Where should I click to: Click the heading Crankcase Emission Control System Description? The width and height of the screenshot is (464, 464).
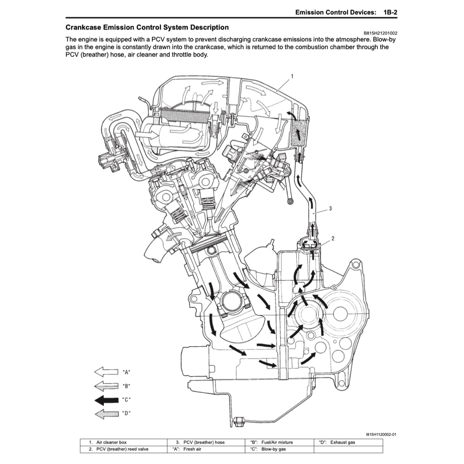click(147, 28)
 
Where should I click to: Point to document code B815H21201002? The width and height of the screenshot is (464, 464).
click(381, 33)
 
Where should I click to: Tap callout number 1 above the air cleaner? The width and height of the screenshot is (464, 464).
click(292, 77)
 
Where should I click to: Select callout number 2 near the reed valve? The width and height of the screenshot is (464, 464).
click(333, 238)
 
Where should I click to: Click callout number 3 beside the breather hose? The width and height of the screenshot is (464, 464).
click(330, 208)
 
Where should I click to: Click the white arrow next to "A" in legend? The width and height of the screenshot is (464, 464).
click(106, 372)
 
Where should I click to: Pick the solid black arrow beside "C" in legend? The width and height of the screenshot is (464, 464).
click(106, 400)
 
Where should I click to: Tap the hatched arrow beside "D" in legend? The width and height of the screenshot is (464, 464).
click(106, 414)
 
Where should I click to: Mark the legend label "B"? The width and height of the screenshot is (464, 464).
click(126, 386)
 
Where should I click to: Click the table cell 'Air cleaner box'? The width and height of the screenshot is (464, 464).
click(108, 442)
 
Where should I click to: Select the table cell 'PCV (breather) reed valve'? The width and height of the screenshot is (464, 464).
click(119, 449)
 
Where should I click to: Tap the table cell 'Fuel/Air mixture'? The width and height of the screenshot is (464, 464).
click(277, 442)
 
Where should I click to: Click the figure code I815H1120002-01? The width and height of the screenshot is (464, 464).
click(381, 434)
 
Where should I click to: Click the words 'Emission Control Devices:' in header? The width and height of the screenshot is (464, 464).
click(335, 12)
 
